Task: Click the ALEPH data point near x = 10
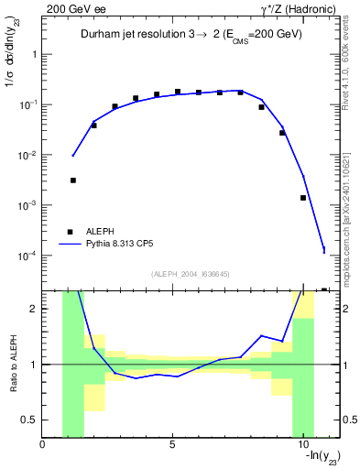point(303,198)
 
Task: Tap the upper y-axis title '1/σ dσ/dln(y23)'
point(12,64)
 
